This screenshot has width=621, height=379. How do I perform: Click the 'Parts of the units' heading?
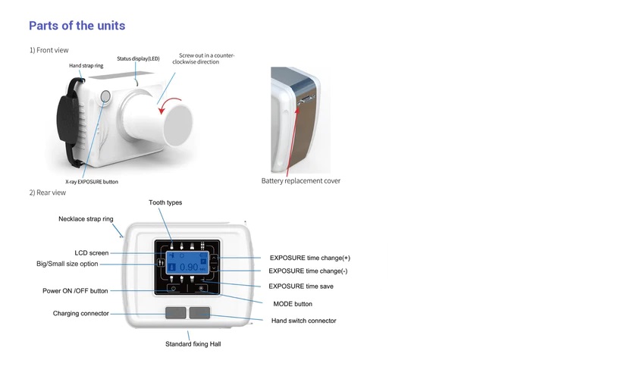(77, 26)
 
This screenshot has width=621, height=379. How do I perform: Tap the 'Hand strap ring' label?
(86, 66)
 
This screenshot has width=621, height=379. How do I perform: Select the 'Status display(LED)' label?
(138, 58)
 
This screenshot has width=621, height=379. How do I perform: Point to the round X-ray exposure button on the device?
(105, 96)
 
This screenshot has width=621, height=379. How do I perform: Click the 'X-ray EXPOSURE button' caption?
(92, 182)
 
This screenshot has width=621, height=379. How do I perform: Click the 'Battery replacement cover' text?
(300, 181)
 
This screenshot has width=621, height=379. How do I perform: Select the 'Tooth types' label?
(165, 202)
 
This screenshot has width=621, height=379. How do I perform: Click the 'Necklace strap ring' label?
(86, 219)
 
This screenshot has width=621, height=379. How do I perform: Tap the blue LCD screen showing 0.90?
(187, 262)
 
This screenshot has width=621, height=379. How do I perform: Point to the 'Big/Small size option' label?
(67, 264)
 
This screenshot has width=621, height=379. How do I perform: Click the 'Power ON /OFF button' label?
(75, 290)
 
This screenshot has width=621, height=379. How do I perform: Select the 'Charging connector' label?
(81, 313)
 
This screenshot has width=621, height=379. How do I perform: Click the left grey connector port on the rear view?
(175, 312)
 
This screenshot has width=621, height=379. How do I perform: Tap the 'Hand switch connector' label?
(304, 321)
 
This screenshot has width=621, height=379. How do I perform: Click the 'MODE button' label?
(293, 304)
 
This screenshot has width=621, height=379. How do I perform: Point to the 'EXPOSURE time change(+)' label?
(310, 258)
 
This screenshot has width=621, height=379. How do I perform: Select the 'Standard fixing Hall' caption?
(193, 344)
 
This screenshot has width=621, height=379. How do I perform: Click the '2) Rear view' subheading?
(48, 193)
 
